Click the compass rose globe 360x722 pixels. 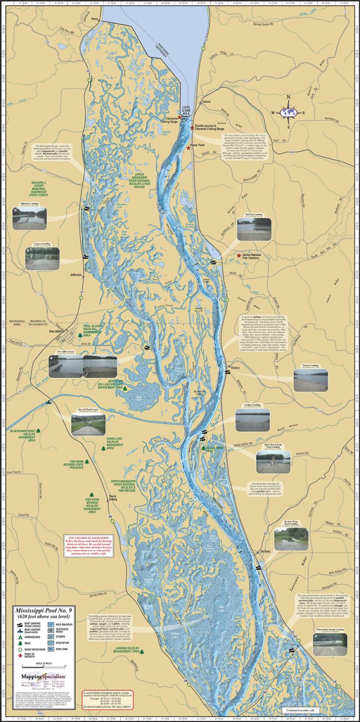289,113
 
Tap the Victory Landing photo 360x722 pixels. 311,380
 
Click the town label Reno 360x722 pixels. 94,19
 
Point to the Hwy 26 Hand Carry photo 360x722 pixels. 87,424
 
